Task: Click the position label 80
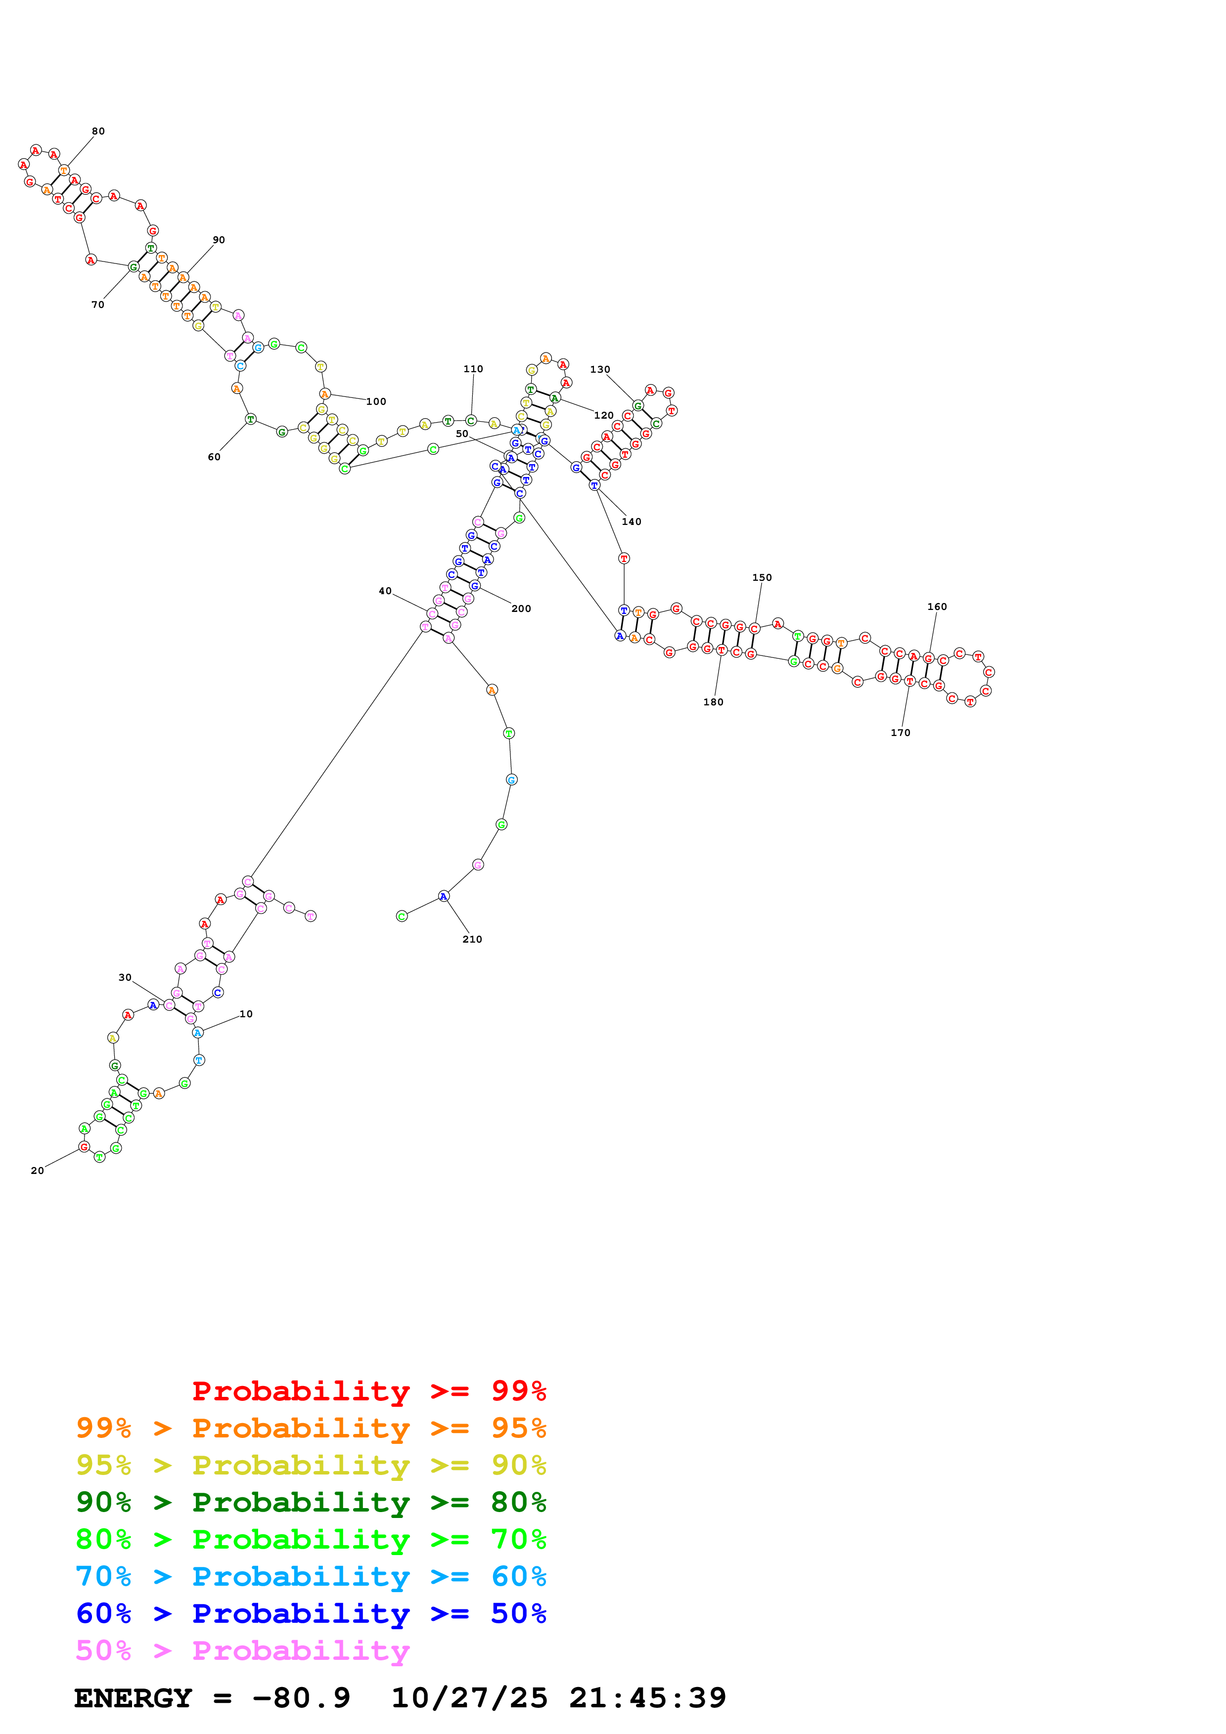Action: [98, 131]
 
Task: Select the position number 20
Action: [37, 1170]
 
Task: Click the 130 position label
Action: [600, 369]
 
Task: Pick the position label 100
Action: [376, 402]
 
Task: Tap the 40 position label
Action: [385, 591]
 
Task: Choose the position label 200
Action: [521, 608]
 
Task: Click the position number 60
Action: [215, 457]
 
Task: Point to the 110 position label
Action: [473, 369]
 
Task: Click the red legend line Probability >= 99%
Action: [368, 1390]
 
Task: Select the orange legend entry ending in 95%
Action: [311, 1428]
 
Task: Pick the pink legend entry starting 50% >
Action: [242, 1650]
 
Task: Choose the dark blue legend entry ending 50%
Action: [311, 1613]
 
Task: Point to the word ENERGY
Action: [133, 1698]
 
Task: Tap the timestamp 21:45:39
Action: [647, 1698]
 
